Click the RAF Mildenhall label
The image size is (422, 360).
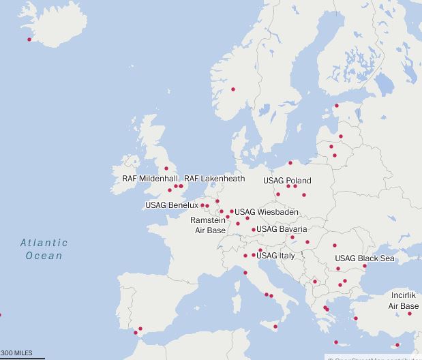[150, 179]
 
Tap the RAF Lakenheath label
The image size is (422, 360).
[214, 179]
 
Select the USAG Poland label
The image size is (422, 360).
[287, 181]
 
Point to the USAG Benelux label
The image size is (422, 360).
[171, 205]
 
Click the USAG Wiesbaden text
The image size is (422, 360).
[266, 213]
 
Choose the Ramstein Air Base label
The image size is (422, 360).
[208, 226]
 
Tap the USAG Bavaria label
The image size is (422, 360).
[282, 229]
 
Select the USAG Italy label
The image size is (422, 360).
[275, 256]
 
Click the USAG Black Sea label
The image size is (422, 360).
[364, 258]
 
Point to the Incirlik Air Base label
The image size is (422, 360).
[404, 301]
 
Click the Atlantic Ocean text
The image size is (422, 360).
[44, 249]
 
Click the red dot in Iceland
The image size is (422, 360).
[29, 40]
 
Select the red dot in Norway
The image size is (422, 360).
[233, 89]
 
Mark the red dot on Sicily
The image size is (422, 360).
[275, 327]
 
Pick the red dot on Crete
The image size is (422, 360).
[335, 342]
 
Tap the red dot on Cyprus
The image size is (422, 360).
[397, 345]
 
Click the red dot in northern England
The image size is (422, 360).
[166, 168]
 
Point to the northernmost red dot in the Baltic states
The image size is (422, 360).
[336, 106]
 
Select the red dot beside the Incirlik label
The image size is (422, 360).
[410, 314]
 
